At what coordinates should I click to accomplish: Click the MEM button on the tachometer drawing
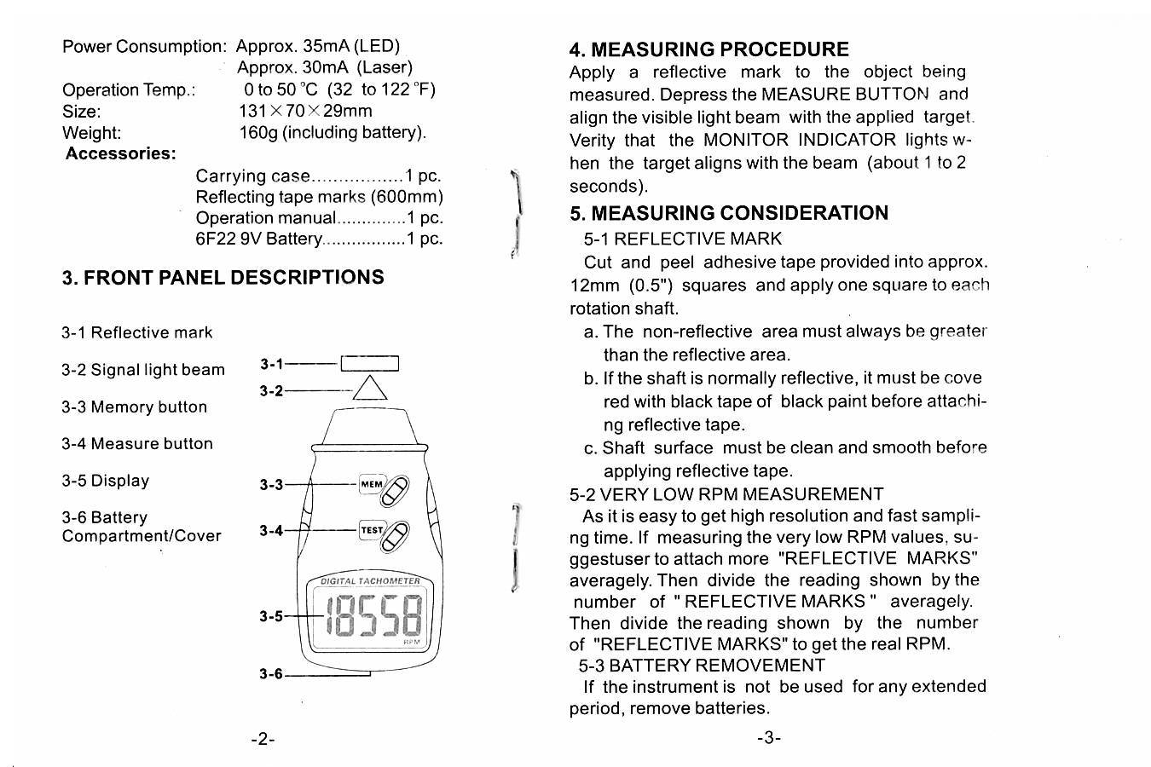coord(373,484)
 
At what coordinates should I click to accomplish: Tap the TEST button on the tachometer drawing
coord(373,530)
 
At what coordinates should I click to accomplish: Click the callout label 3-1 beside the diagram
coord(271,365)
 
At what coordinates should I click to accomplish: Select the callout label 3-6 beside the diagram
coord(271,674)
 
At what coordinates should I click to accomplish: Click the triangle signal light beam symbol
coord(370,389)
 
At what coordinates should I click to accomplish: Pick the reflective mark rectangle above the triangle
coord(369,364)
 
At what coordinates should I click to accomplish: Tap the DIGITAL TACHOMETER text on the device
coord(370,581)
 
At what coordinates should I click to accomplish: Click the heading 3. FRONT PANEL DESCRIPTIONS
coord(223,278)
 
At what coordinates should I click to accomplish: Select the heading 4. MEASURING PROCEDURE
coord(709,49)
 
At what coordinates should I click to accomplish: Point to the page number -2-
coord(263,739)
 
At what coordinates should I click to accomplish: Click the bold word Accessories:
coord(121,154)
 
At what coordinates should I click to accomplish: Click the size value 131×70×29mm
coord(305,111)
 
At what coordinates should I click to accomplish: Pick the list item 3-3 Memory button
coord(134,407)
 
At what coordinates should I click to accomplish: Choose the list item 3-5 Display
coord(105,481)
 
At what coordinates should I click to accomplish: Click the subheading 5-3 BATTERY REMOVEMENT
coord(702,666)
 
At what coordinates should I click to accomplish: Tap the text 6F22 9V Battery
coord(258,239)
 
